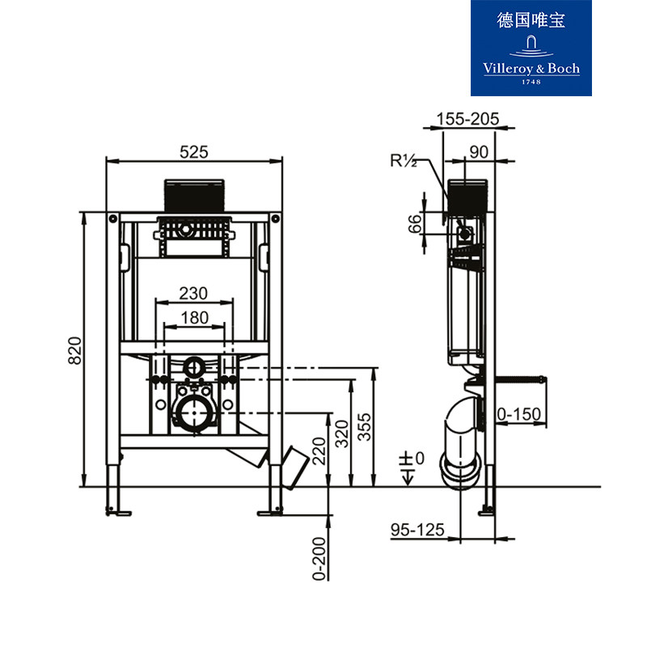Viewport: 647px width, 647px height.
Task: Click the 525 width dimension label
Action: pos(194,151)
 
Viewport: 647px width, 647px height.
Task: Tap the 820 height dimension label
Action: pos(75,350)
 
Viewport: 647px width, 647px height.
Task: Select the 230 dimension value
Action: pos(194,293)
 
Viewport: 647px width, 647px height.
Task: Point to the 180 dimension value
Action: pos(194,317)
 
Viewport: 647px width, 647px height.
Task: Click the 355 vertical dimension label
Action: pos(366,427)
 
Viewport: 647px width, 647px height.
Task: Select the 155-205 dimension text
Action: pos(467,119)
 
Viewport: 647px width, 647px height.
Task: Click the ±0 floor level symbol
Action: pos(412,463)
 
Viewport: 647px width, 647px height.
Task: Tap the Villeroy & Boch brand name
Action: pos(531,69)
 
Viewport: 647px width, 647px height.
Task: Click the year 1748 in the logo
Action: pos(531,82)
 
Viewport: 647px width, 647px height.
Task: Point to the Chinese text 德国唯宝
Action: pos(531,20)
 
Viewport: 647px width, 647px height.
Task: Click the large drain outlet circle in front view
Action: pos(194,412)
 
